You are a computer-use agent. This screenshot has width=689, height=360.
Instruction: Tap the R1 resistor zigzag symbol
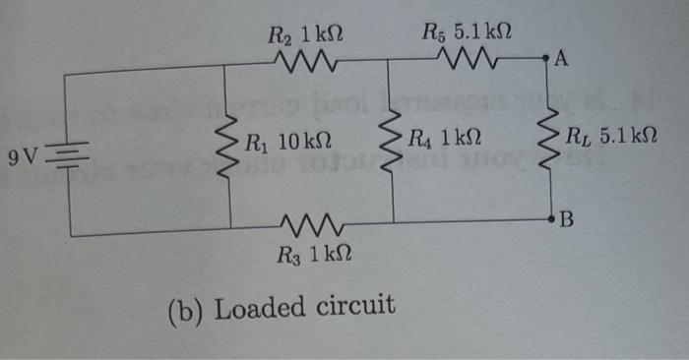[227, 150]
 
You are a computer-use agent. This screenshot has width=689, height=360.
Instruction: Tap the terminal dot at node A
[546, 60]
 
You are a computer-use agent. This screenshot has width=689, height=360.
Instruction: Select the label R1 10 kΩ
[287, 140]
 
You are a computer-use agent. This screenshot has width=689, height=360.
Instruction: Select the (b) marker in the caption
[184, 310]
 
